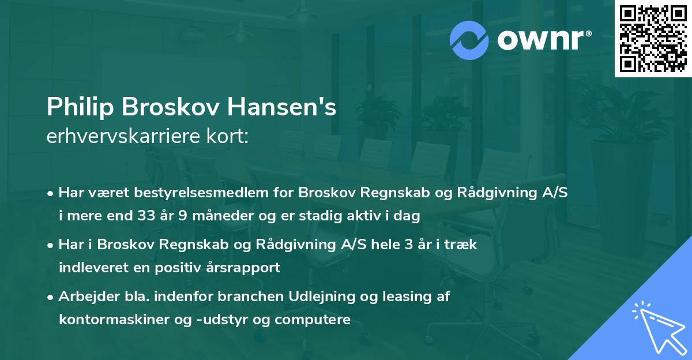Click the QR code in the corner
[x=653, y=39]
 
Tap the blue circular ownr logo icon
[x=469, y=40]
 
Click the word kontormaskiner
[x=107, y=320]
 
